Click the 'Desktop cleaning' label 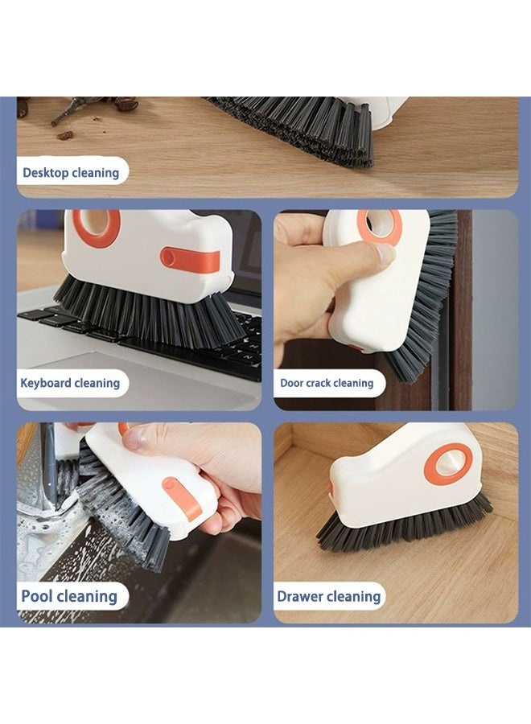pyautogui.click(x=71, y=172)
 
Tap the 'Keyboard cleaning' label pyautogui.click(x=70, y=383)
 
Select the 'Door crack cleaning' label pyautogui.click(x=326, y=384)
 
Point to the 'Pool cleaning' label pyautogui.click(x=69, y=596)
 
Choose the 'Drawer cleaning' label pyautogui.click(x=328, y=597)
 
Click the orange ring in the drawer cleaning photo pyautogui.click(x=448, y=464)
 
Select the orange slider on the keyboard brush pyautogui.click(x=190, y=259)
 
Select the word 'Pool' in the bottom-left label pyautogui.click(x=37, y=596)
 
